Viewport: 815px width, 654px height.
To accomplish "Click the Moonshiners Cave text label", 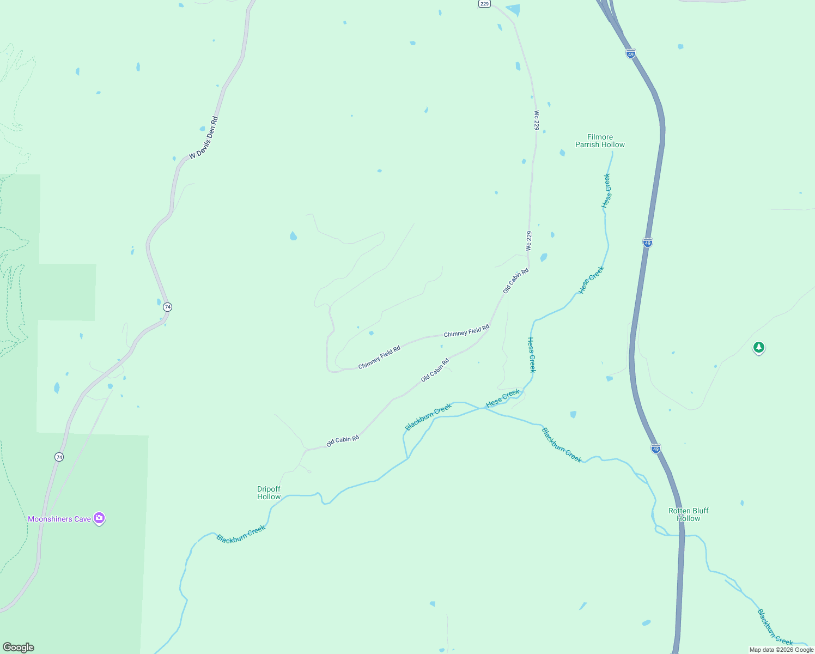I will [x=59, y=519].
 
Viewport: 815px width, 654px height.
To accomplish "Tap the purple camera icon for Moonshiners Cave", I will [x=99, y=518].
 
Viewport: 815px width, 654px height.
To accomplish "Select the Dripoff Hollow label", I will [x=269, y=493].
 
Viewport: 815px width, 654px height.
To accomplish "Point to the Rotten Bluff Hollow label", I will [x=689, y=514].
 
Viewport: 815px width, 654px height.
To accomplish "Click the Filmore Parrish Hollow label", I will [x=600, y=141].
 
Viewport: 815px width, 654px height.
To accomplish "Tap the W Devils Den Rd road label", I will [x=204, y=138].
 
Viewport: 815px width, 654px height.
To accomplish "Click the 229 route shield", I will [x=484, y=3].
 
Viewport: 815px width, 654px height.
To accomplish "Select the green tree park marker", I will [x=758, y=347].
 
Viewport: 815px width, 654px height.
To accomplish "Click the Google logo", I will [x=19, y=647].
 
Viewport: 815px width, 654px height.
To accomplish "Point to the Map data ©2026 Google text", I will [x=781, y=650].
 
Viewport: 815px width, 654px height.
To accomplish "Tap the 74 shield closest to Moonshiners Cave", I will [x=59, y=457].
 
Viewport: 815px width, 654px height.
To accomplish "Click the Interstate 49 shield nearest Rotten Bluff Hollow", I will [x=656, y=449].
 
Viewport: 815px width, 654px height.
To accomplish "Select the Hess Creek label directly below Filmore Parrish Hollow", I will [x=606, y=190].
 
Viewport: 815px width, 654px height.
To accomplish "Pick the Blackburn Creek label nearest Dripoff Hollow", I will [x=241, y=534].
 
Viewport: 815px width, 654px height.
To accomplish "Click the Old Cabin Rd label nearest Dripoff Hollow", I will [x=343, y=441].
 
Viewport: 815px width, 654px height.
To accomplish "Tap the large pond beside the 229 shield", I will [x=513, y=10].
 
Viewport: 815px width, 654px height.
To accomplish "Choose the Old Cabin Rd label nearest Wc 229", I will [x=515, y=281].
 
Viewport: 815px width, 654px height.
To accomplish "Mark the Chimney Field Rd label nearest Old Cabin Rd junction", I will [x=466, y=331].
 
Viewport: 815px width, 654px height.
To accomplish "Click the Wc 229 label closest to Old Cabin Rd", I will [x=528, y=241].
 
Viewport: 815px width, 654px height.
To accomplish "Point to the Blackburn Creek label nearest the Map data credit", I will [x=775, y=627].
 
